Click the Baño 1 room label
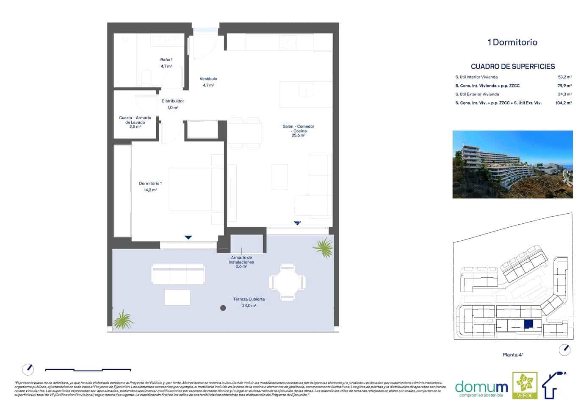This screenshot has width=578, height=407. pos(166,60)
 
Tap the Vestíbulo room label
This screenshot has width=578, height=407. pos(208,79)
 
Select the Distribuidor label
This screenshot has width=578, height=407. pos(173,101)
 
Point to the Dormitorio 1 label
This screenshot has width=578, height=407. pos(150,184)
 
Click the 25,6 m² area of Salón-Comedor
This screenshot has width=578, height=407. pos(298,136)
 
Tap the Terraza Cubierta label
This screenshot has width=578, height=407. pos(249,299)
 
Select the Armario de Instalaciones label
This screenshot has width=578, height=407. pos(241,260)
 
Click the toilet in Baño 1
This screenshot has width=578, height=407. pos(147,78)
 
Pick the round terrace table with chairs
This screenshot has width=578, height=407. pos(287,282)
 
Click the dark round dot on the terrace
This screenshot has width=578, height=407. pos(223,308)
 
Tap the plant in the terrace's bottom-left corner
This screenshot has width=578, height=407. pos(123,320)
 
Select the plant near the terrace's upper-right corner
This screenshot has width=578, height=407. pos(324,248)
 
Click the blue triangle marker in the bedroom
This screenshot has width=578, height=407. pos(188,237)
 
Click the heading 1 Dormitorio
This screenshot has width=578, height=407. pos(512,42)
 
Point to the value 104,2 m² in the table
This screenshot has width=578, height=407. pos(563,103)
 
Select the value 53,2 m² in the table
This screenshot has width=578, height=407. pos(564,77)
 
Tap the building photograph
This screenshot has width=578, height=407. pos(512,164)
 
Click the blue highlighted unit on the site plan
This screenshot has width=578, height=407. pos(529,324)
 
